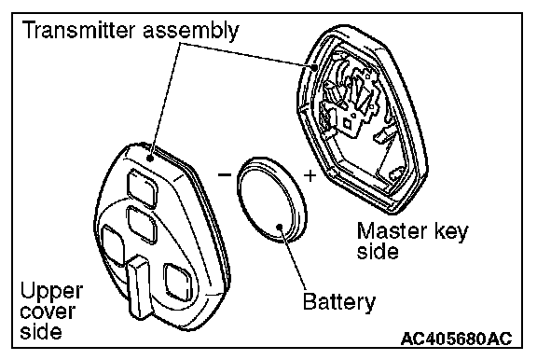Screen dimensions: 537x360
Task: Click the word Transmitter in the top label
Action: (78, 30)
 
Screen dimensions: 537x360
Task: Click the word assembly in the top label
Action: (191, 31)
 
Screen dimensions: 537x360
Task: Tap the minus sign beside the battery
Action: (225, 175)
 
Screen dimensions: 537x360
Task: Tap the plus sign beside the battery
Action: (310, 175)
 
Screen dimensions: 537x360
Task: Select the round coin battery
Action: (271, 200)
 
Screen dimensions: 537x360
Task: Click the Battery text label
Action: (339, 302)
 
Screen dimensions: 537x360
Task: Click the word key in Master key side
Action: (451, 233)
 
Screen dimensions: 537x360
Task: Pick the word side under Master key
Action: (378, 252)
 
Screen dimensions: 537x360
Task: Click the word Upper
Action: (51, 292)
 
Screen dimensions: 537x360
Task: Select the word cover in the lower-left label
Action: (48, 312)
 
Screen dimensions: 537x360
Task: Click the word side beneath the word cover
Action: (41, 330)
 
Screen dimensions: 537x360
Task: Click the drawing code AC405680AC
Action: (456, 339)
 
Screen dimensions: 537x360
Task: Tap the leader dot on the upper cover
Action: (150, 159)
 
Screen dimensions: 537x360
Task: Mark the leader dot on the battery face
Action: (280, 227)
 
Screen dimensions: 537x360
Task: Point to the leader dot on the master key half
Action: (314, 67)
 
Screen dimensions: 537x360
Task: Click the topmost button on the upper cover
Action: (142, 187)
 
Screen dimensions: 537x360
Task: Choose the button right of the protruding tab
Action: (178, 282)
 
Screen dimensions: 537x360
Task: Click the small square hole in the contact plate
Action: (348, 122)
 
